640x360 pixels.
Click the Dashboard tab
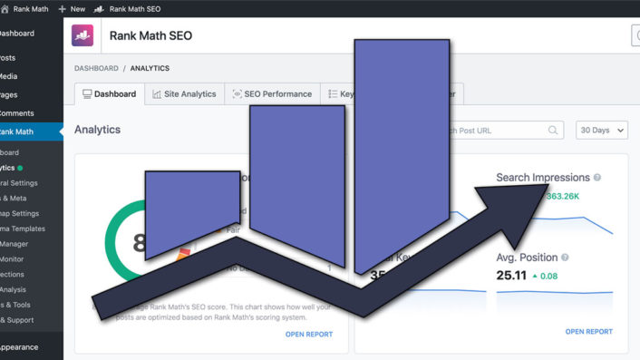pos(109,93)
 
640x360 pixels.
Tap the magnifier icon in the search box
pos(553,131)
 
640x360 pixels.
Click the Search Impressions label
pos(543,178)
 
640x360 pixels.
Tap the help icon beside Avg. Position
pos(565,258)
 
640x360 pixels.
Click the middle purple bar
pos(297,181)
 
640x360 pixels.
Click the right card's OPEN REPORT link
pos(589,332)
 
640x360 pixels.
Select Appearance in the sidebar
pos(22,346)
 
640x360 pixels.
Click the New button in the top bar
pos(72,8)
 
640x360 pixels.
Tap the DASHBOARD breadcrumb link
pos(96,68)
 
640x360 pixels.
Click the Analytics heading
pos(97,130)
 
